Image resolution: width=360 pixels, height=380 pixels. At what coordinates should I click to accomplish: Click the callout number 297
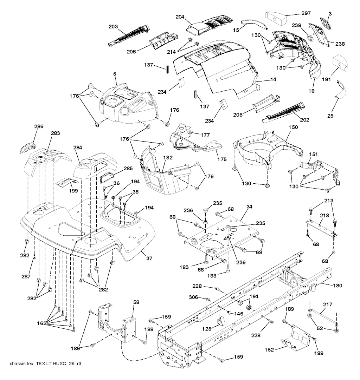tap(306, 13)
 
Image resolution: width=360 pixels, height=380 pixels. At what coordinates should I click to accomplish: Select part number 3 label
tap(330, 13)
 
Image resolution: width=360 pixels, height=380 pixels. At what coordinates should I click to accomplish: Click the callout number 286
tap(39, 126)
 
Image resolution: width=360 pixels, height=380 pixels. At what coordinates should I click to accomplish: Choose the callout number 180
tap(337, 286)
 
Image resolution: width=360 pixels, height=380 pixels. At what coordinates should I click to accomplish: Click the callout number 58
tap(136, 302)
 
